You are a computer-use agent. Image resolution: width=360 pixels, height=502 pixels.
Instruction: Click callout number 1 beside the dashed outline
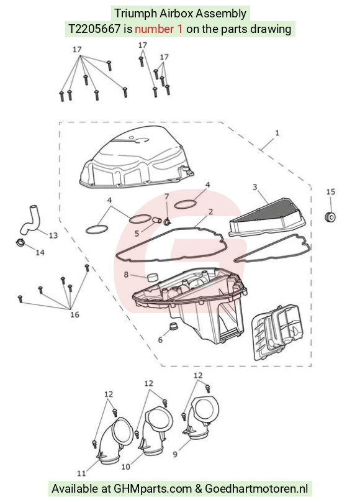[x=277, y=132]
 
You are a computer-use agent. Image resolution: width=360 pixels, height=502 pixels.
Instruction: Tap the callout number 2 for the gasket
[x=210, y=212]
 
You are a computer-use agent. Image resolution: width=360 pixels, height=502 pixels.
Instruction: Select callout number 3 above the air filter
[x=255, y=187]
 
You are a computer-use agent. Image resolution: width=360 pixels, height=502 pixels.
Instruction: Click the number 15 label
[x=331, y=192]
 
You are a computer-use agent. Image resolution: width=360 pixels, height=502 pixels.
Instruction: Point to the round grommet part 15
[x=330, y=217]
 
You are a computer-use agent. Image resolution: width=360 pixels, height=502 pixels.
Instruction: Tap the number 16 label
[x=74, y=315]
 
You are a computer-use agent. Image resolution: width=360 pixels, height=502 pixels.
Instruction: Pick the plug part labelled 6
[x=173, y=327]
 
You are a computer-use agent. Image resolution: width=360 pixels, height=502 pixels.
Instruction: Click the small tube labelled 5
[x=157, y=221]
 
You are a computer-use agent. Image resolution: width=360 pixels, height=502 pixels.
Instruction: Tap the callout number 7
[x=166, y=196]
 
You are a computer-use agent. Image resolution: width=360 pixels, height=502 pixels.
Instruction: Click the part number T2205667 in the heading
[x=94, y=29]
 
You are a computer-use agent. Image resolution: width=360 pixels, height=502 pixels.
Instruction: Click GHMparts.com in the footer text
[x=153, y=489]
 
